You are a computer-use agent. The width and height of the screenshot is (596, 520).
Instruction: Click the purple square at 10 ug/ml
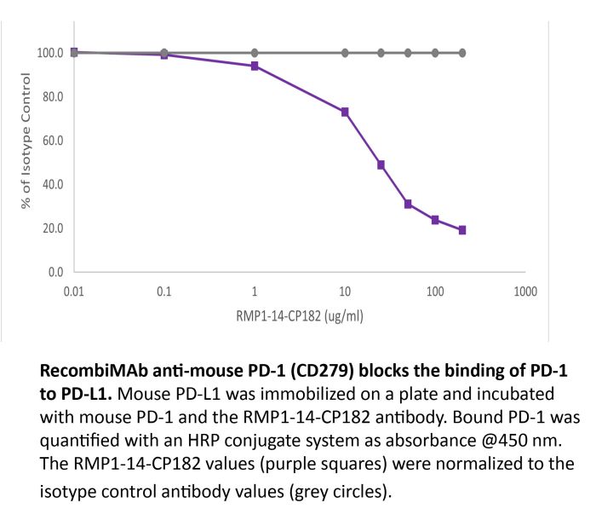pyautogui.click(x=345, y=112)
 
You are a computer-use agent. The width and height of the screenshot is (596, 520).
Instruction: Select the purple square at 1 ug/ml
pyautogui.click(x=255, y=66)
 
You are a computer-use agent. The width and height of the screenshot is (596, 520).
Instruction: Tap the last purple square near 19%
pyautogui.click(x=462, y=230)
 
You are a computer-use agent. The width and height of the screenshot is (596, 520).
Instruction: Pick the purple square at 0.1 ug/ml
pyautogui.click(x=164, y=55)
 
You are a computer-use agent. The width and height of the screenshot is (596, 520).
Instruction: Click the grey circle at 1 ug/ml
pyautogui.click(x=255, y=53)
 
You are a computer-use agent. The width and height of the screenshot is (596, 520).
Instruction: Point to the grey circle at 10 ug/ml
pyautogui.click(x=345, y=53)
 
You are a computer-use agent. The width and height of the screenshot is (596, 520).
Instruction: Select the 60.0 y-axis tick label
pyautogui.click(x=53, y=141)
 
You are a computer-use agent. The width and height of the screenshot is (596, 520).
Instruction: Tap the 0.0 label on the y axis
pyautogui.click(x=55, y=273)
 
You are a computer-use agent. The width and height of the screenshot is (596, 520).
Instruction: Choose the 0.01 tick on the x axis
pyautogui.click(x=74, y=292)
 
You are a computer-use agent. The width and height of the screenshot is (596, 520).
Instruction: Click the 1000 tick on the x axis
pyautogui.click(x=525, y=292)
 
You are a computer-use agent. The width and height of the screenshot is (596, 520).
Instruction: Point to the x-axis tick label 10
pyautogui.click(x=345, y=292)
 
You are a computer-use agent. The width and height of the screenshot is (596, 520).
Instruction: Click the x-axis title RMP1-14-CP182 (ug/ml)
pyautogui.click(x=301, y=315)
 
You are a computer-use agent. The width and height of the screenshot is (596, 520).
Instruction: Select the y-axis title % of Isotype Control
pyautogui.click(x=26, y=142)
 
